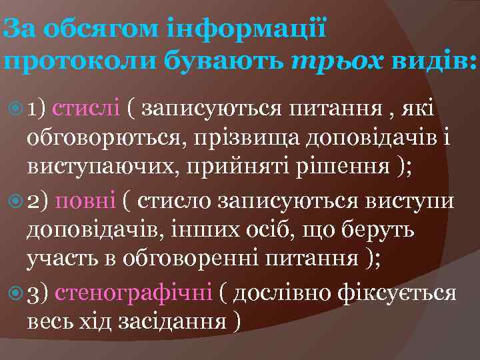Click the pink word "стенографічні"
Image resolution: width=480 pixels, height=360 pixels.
pos(133,293)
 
